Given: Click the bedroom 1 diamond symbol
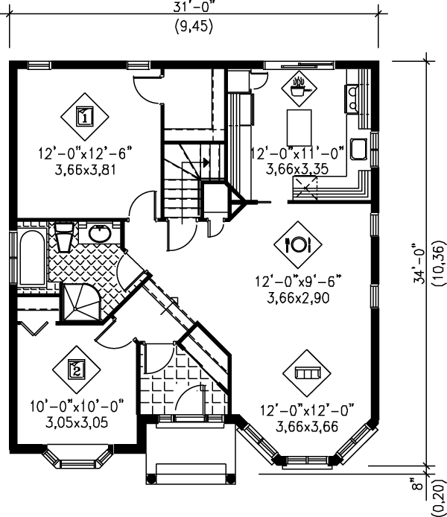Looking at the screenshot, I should (x=84, y=116).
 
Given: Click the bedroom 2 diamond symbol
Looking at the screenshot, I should (x=75, y=368).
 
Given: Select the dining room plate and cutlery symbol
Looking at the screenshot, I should (x=297, y=243).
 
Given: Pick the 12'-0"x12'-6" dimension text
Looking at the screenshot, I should (x=85, y=154).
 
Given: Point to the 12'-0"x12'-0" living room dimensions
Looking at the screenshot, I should (x=306, y=410).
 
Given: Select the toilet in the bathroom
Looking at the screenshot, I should (x=64, y=239).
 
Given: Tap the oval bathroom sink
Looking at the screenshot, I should (x=99, y=234).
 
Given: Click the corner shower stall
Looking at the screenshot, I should (x=80, y=302).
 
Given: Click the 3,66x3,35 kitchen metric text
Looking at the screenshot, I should (x=297, y=169).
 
